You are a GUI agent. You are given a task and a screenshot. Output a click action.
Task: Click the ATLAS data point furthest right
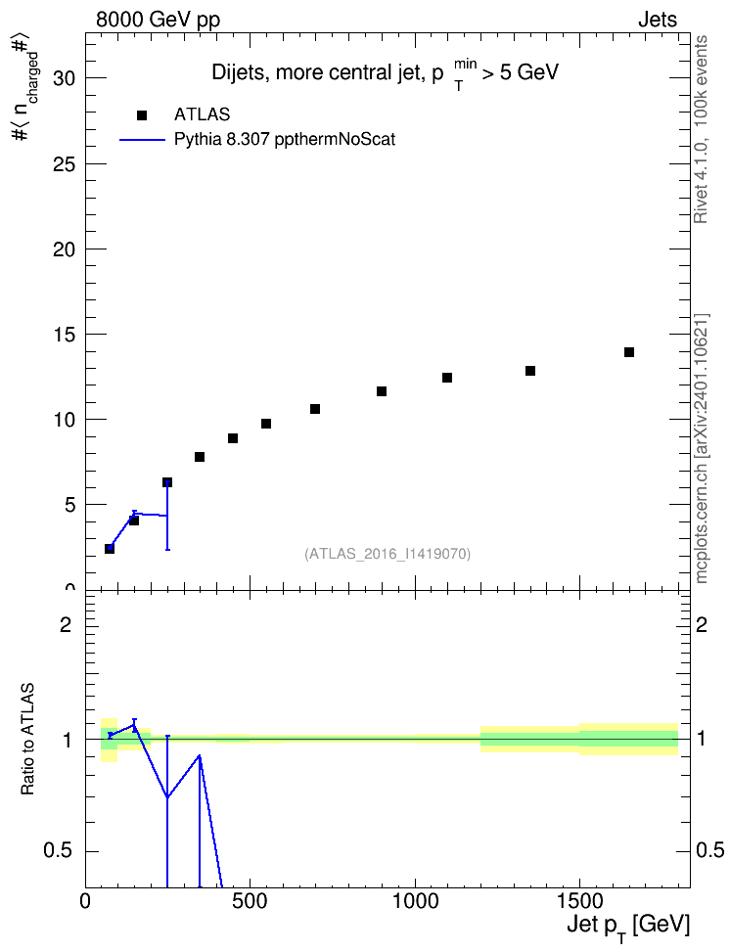pos(628,352)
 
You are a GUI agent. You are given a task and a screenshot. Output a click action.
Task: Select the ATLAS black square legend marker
pos(142,115)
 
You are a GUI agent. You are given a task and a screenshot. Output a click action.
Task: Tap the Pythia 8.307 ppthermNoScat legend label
pos(285,140)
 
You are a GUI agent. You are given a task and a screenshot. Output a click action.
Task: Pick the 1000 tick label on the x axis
pos(415,901)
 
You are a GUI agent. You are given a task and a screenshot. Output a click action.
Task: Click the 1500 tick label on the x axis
pos(579,901)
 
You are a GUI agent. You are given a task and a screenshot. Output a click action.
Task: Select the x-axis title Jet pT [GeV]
pos(628,927)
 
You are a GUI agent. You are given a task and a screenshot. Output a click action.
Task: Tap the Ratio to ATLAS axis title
pos(27,740)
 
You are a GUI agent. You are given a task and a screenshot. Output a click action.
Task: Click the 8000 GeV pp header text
pos(158,20)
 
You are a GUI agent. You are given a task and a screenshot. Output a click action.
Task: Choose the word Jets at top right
pos(658,20)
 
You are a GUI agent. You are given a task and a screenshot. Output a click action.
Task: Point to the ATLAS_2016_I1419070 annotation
pos(388,554)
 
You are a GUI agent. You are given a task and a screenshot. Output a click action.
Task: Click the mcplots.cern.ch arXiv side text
pos(702,449)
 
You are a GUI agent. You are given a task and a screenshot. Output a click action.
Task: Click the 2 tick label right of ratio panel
pos(702,624)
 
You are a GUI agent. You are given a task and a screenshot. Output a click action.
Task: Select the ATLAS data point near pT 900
pos(382,391)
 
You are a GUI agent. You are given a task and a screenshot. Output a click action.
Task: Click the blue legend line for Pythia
pos(142,140)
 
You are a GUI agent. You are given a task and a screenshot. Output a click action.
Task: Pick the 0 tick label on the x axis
pos(85,901)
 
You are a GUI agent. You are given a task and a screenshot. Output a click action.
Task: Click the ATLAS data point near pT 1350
pos(530,371)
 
